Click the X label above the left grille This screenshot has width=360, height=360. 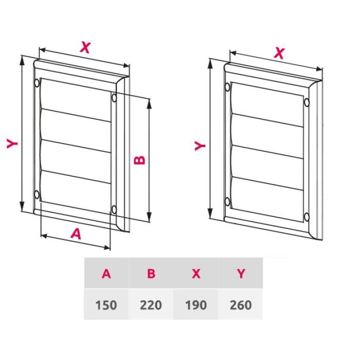85,48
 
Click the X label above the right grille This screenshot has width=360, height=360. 279,52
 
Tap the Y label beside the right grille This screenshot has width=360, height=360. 201,146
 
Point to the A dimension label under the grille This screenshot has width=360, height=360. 76,234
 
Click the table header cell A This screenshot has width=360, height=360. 106,274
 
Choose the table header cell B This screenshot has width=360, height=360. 151,274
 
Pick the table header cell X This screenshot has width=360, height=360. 195,274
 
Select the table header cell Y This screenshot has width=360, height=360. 240,274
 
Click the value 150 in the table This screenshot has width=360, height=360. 106,305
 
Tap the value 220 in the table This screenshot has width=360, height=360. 151,305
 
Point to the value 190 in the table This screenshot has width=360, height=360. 195,305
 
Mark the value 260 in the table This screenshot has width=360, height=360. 240,305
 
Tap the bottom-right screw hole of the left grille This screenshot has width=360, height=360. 114,209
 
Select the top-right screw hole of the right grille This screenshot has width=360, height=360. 307,102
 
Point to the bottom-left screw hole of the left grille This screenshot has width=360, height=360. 37,194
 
